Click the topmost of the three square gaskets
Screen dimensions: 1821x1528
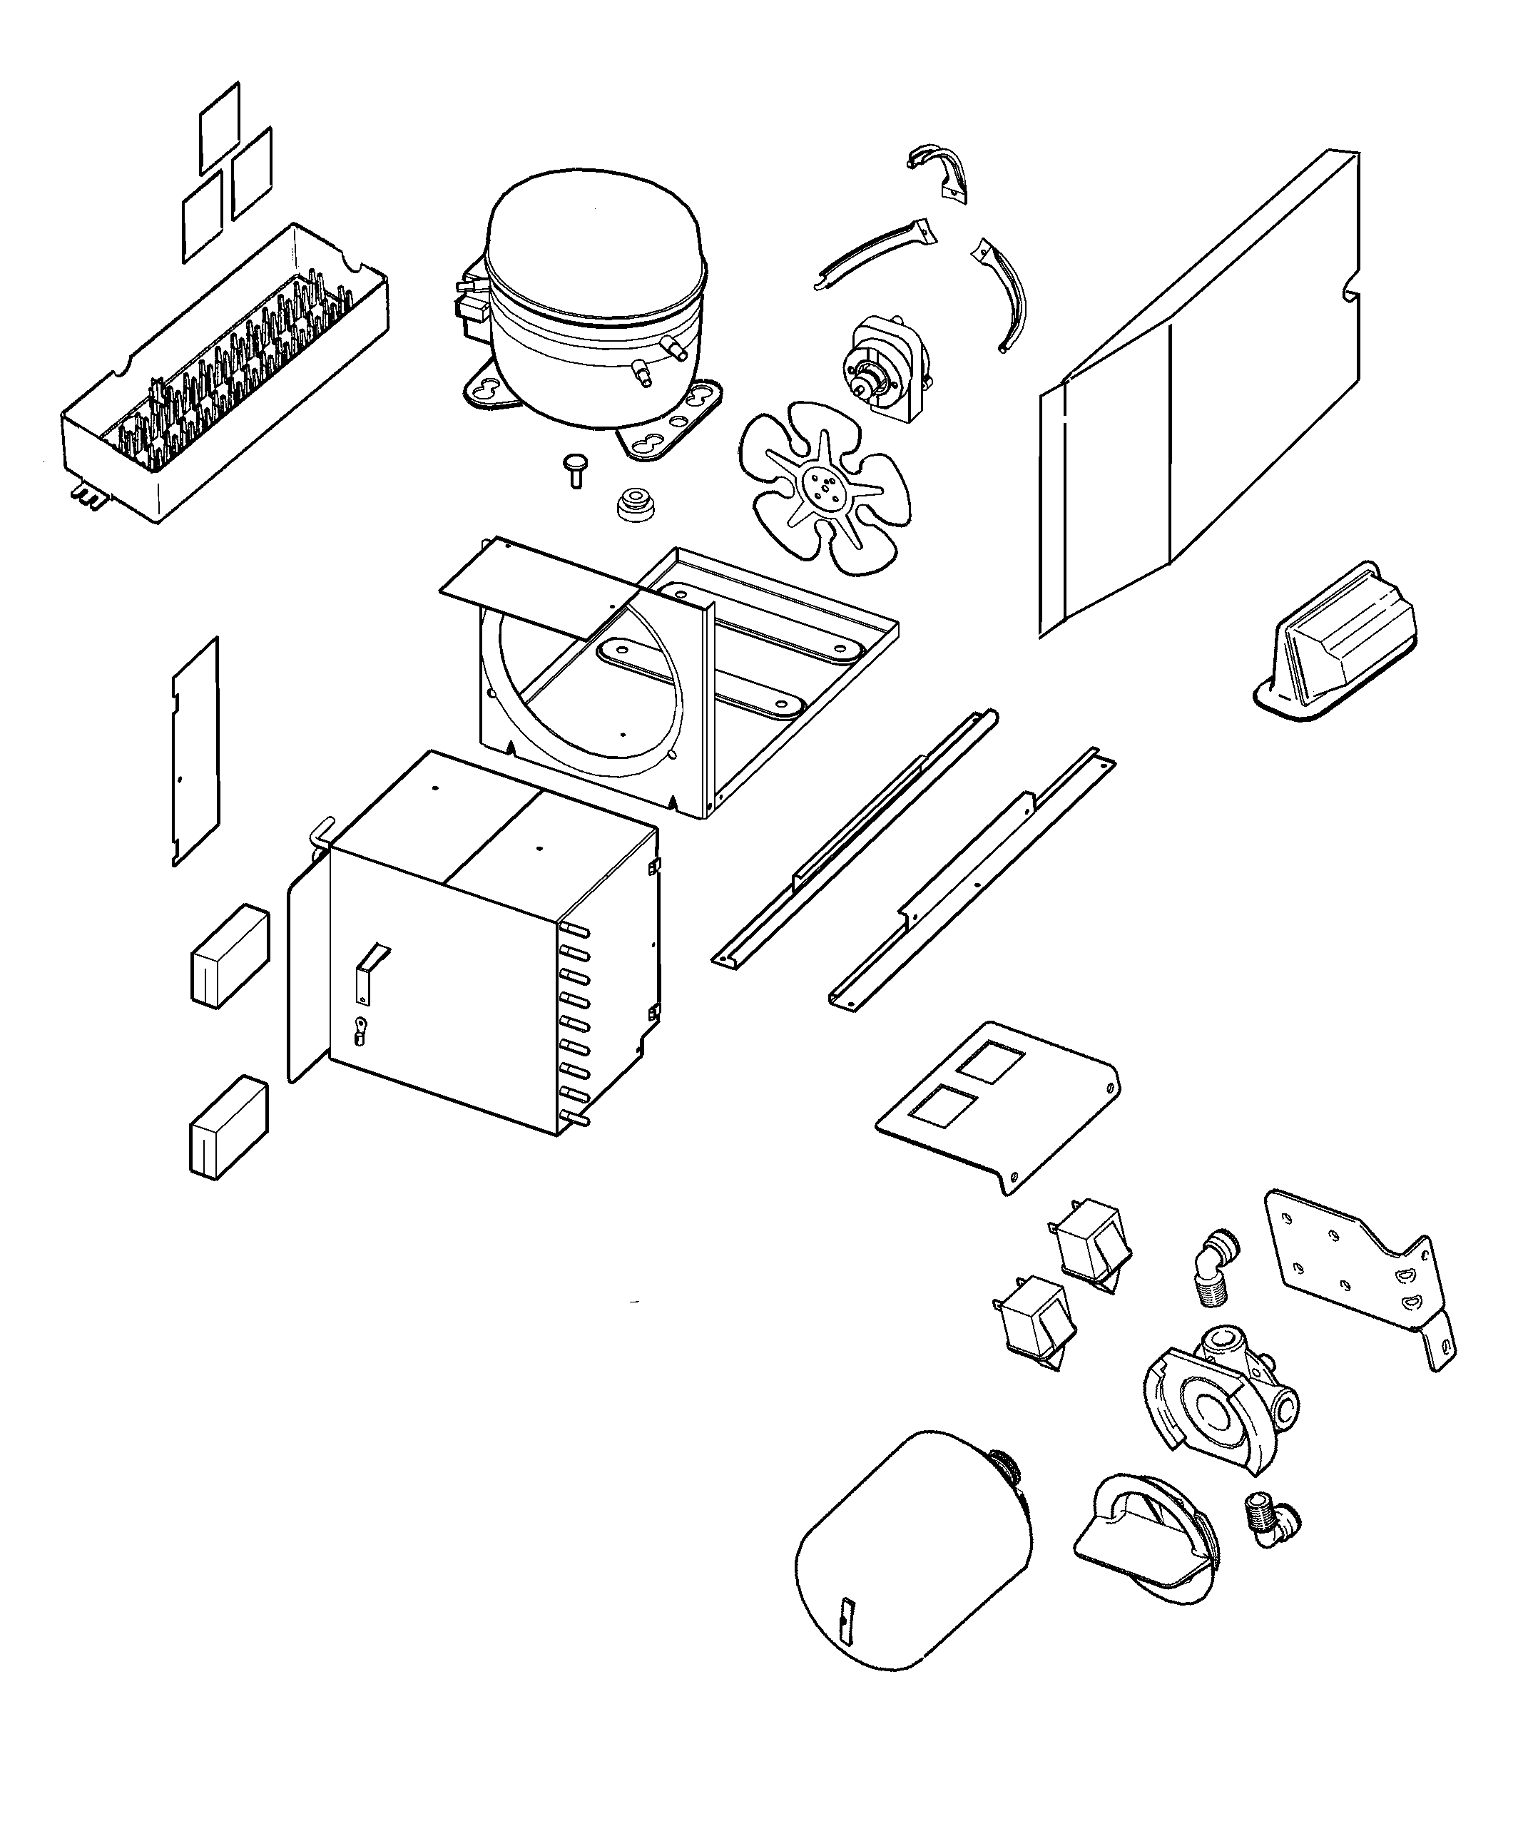[220, 128]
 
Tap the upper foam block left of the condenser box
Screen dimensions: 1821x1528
[229, 956]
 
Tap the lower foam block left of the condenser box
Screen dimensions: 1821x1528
[228, 1127]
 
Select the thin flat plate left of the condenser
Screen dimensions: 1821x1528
[195, 753]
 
